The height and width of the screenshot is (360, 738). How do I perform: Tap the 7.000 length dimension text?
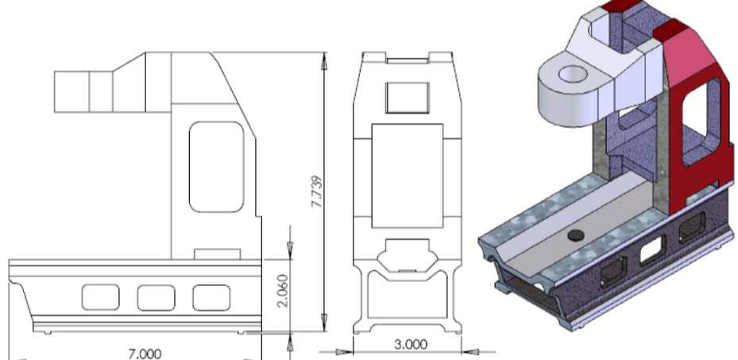point(145,352)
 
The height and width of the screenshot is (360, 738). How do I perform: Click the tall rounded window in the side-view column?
point(216,167)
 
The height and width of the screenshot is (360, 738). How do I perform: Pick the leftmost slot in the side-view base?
point(100,297)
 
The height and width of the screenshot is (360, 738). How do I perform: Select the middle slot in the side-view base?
point(156,297)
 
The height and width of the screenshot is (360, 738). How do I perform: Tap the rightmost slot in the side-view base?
point(211,297)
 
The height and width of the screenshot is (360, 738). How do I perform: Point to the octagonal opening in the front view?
point(407,257)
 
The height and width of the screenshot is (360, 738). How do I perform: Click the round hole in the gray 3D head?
point(572,75)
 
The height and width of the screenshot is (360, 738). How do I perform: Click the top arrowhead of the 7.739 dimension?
point(323,57)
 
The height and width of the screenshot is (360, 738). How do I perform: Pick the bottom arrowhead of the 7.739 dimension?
point(323,327)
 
